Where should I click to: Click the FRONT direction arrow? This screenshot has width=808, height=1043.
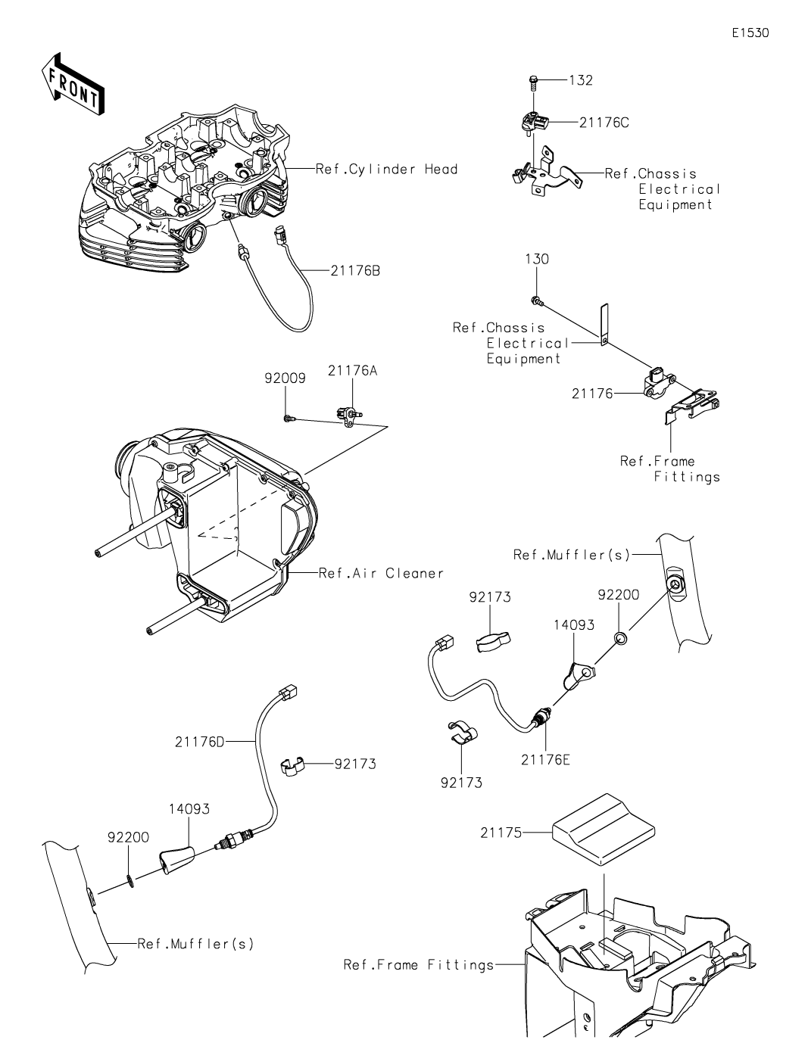[73, 85]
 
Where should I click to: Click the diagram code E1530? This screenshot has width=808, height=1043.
[750, 33]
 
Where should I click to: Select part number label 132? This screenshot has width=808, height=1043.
[581, 80]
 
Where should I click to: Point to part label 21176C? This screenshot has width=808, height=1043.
[604, 123]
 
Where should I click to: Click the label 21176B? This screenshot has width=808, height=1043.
[355, 271]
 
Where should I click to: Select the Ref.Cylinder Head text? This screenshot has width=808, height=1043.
[386, 169]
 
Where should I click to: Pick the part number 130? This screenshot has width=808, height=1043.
[537, 259]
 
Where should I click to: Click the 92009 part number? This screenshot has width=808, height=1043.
[285, 378]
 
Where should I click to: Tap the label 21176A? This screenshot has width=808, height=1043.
[353, 371]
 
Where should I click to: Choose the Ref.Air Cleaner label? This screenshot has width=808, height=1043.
[381, 573]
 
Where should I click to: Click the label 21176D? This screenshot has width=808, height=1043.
[200, 742]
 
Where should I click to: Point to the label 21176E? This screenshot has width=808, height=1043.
[545, 760]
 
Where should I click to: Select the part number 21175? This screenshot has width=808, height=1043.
[501, 833]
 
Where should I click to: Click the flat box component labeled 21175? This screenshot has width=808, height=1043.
[604, 829]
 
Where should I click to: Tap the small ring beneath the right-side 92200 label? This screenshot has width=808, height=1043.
[620, 638]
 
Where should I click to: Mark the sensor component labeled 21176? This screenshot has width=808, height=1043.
[659, 385]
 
